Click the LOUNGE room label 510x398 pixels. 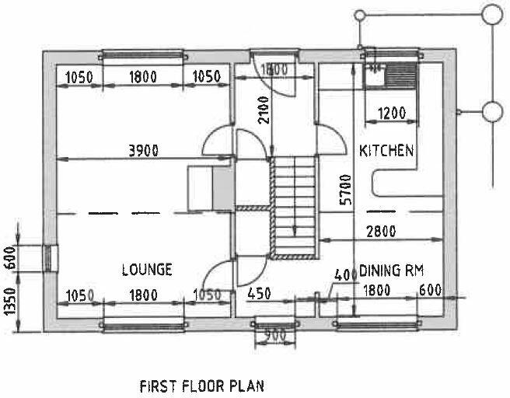click(x=147, y=270)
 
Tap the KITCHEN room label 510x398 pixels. click(x=386, y=151)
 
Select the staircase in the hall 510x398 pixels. click(x=294, y=206)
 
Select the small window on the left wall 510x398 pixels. click(x=49, y=257)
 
